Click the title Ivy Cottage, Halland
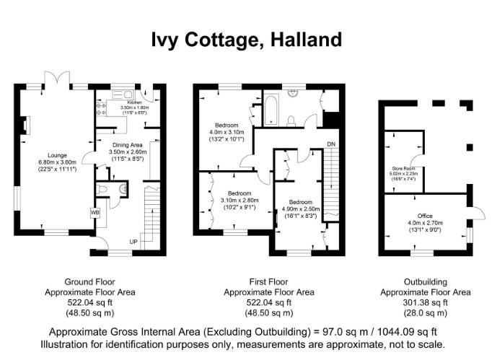tap(246, 39)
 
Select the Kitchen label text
tap(133, 102)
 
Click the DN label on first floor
tap(331, 145)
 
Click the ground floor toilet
tap(106, 188)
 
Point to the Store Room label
tap(403, 168)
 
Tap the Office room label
tap(423, 216)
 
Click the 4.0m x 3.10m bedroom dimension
tap(227, 133)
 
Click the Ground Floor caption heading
tap(89, 282)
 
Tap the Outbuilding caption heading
tap(426, 282)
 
